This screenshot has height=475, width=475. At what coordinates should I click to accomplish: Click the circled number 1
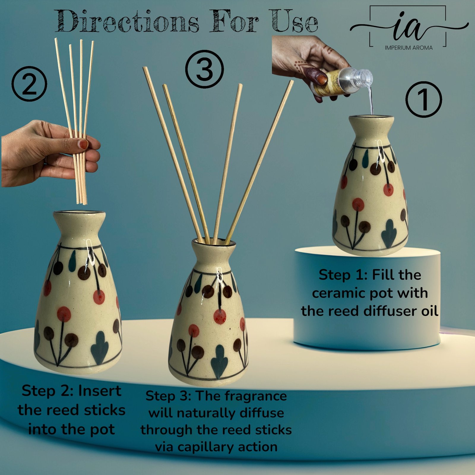point(424,99)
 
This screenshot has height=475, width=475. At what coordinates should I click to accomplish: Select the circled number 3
point(205,69)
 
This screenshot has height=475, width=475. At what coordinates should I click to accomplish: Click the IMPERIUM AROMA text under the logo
point(408,47)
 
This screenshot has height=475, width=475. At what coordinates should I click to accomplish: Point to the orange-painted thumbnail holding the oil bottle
point(321,79)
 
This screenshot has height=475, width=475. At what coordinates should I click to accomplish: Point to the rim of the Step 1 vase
point(371,117)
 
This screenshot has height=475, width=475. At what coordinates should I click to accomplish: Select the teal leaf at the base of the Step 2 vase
point(99,348)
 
